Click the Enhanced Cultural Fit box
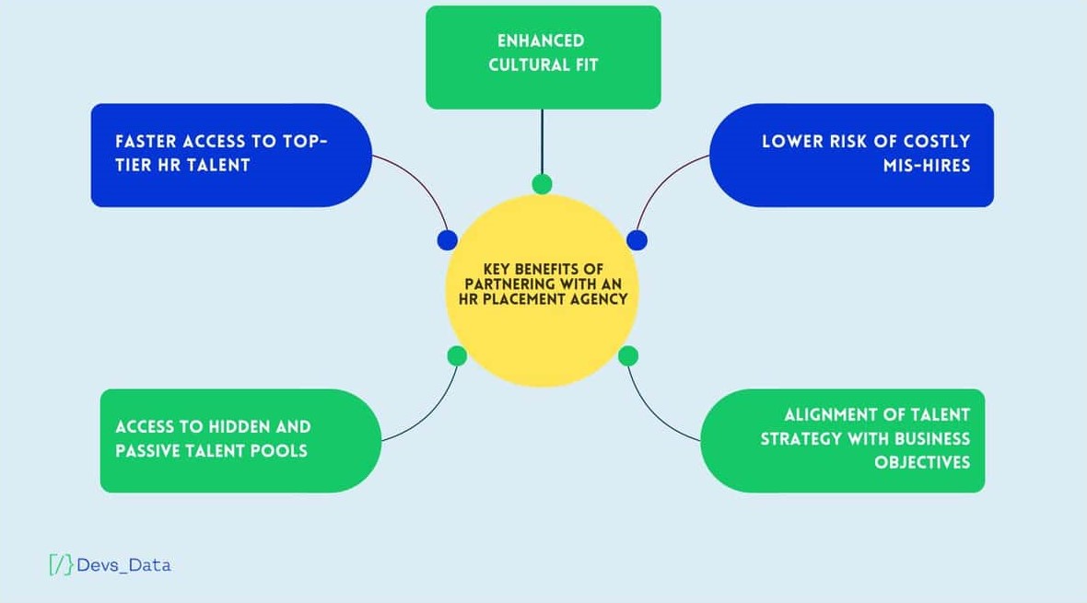[x=543, y=57]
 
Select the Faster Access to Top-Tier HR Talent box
[x=230, y=155]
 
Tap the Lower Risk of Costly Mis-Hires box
[x=851, y=155]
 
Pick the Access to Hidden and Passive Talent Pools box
[x=240, y=440]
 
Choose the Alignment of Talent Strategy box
[x=842, y=440]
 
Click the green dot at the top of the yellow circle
[x=543, y=184]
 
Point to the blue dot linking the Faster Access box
[x=448, y=240]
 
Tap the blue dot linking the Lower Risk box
[x=637, y=240]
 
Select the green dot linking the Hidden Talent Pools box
[x=457, y=355]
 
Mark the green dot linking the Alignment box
[x=628, y=355]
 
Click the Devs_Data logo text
[x=124, y=565]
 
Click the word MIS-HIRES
[x=927, y=166]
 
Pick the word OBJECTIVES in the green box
[x=922, y=462]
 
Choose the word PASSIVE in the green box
[x=150, y=451]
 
